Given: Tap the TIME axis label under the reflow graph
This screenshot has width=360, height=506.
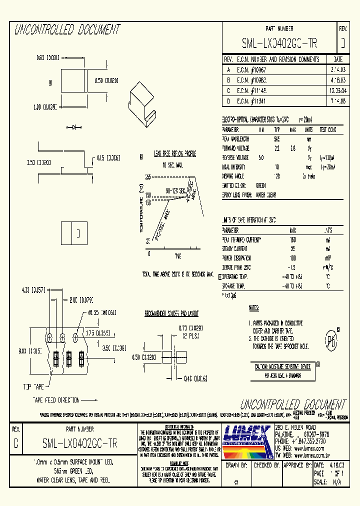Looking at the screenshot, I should tap(177, 255).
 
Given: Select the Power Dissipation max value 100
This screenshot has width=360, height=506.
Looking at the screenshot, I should tap(292, 257).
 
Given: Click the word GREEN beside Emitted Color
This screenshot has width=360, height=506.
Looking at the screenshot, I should tap(261, 185).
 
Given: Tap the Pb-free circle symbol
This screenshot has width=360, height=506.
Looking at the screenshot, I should tap(330, 341).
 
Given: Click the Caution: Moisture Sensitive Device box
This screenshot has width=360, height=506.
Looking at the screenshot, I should tap(282, 366).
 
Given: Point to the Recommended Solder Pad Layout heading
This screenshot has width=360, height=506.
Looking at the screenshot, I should tap(171, 314).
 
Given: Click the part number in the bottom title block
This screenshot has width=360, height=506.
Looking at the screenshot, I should tap(79, 443).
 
